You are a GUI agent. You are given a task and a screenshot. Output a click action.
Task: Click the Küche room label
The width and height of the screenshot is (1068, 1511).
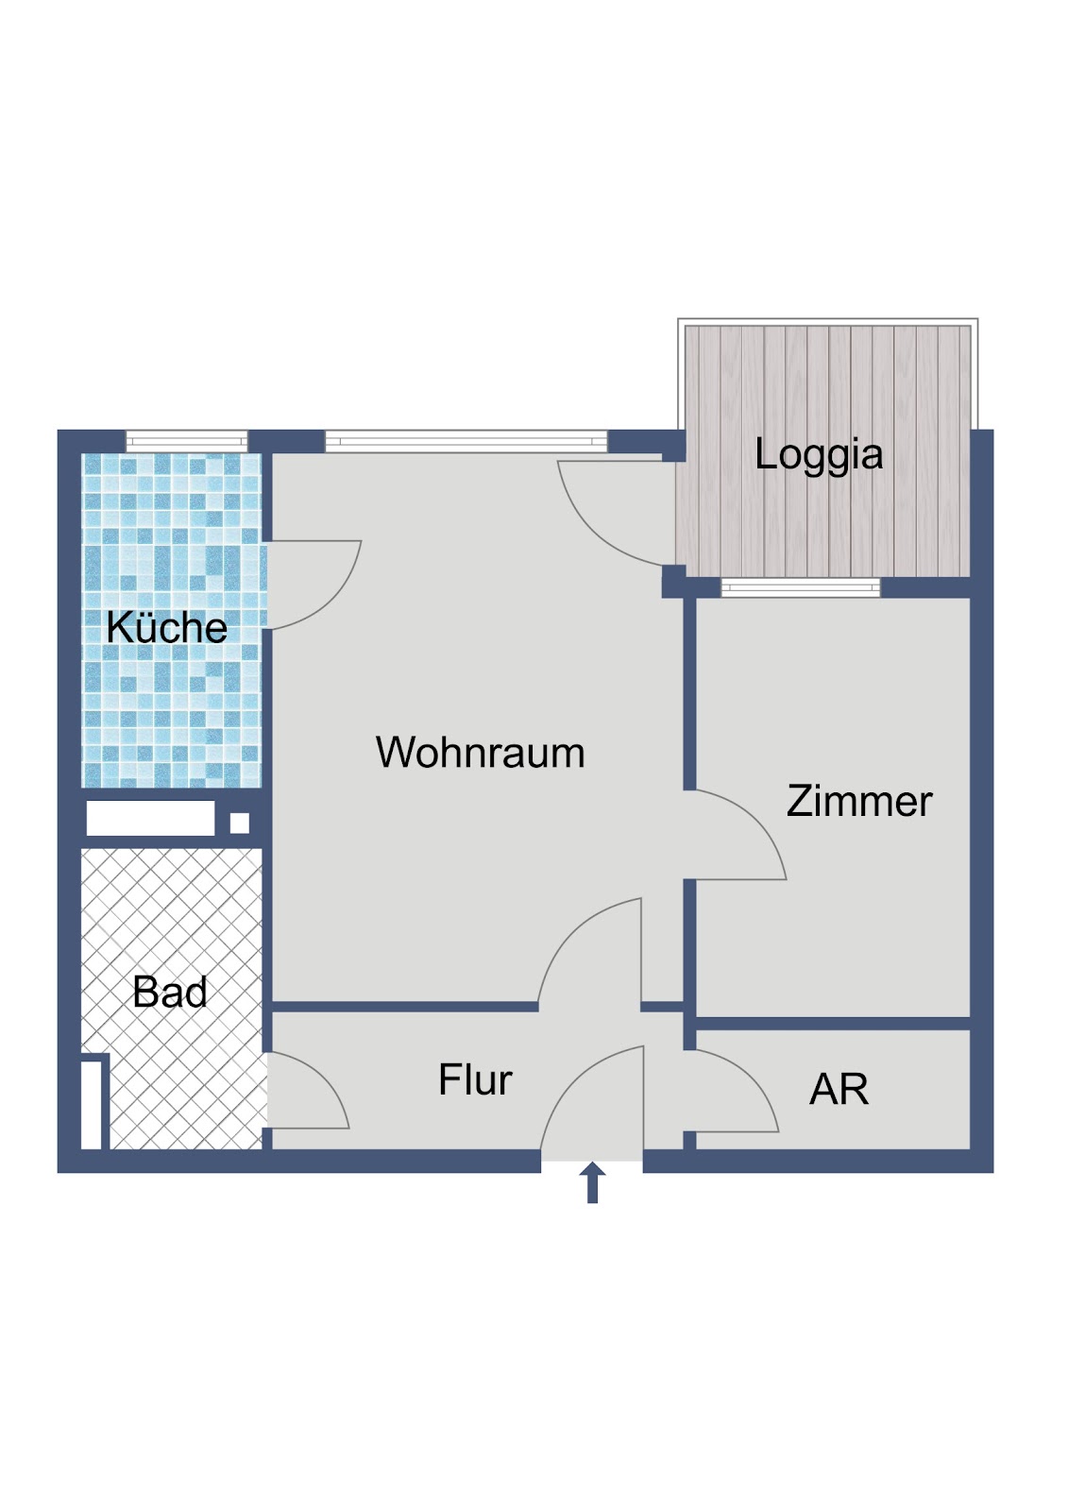166,627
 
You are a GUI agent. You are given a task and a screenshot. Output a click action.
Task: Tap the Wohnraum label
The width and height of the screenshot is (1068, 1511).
480,752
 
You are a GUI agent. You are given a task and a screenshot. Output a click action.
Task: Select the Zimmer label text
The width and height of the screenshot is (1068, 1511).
859,801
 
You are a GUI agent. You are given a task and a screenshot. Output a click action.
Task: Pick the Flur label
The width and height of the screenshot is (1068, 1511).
475,1079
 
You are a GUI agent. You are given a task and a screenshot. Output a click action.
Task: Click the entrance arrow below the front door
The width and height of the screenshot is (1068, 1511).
592,1182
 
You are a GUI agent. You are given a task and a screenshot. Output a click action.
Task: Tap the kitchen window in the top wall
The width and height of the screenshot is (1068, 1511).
187,442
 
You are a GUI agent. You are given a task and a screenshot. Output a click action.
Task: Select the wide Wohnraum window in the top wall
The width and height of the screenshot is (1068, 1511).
466,441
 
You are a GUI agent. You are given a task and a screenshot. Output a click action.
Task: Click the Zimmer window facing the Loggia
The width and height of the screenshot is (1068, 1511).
801,587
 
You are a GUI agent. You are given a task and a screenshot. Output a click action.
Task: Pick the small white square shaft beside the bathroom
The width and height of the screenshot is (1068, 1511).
240,823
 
